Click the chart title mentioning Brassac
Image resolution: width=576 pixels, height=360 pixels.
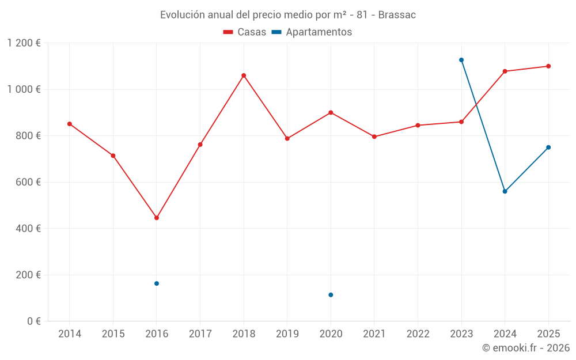click(287, 14)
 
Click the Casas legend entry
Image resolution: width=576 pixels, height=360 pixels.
click(245, 32)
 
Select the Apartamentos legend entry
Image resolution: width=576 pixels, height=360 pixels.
click(312, 32)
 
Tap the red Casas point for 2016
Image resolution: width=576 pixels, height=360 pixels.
click(157, 218)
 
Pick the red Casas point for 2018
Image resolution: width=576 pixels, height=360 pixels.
click(244, 75)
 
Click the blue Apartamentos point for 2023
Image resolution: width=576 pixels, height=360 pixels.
click(461, 60)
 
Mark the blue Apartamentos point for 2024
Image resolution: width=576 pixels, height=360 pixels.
click(505, 191)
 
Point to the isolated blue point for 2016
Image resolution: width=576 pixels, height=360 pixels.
click(157, 283)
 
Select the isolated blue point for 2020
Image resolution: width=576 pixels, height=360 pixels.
click(331, 295)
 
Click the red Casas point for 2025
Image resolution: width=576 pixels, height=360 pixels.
click(548, 66)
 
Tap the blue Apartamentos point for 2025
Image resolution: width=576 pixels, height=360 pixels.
click(548, 147)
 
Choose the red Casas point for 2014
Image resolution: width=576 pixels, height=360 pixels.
click(70, 124)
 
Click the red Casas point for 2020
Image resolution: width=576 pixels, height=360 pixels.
click(331, 112)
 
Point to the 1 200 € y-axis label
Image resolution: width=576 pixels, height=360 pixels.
click(24, 43)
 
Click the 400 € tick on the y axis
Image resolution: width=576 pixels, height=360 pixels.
click(29, 229)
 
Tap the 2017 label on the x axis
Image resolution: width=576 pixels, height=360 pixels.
click(200, 334)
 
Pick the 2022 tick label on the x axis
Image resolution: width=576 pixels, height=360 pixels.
click(418, 334)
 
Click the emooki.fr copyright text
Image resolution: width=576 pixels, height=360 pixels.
click(526, 348)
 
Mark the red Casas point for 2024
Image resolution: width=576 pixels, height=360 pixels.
click(505, 71)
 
